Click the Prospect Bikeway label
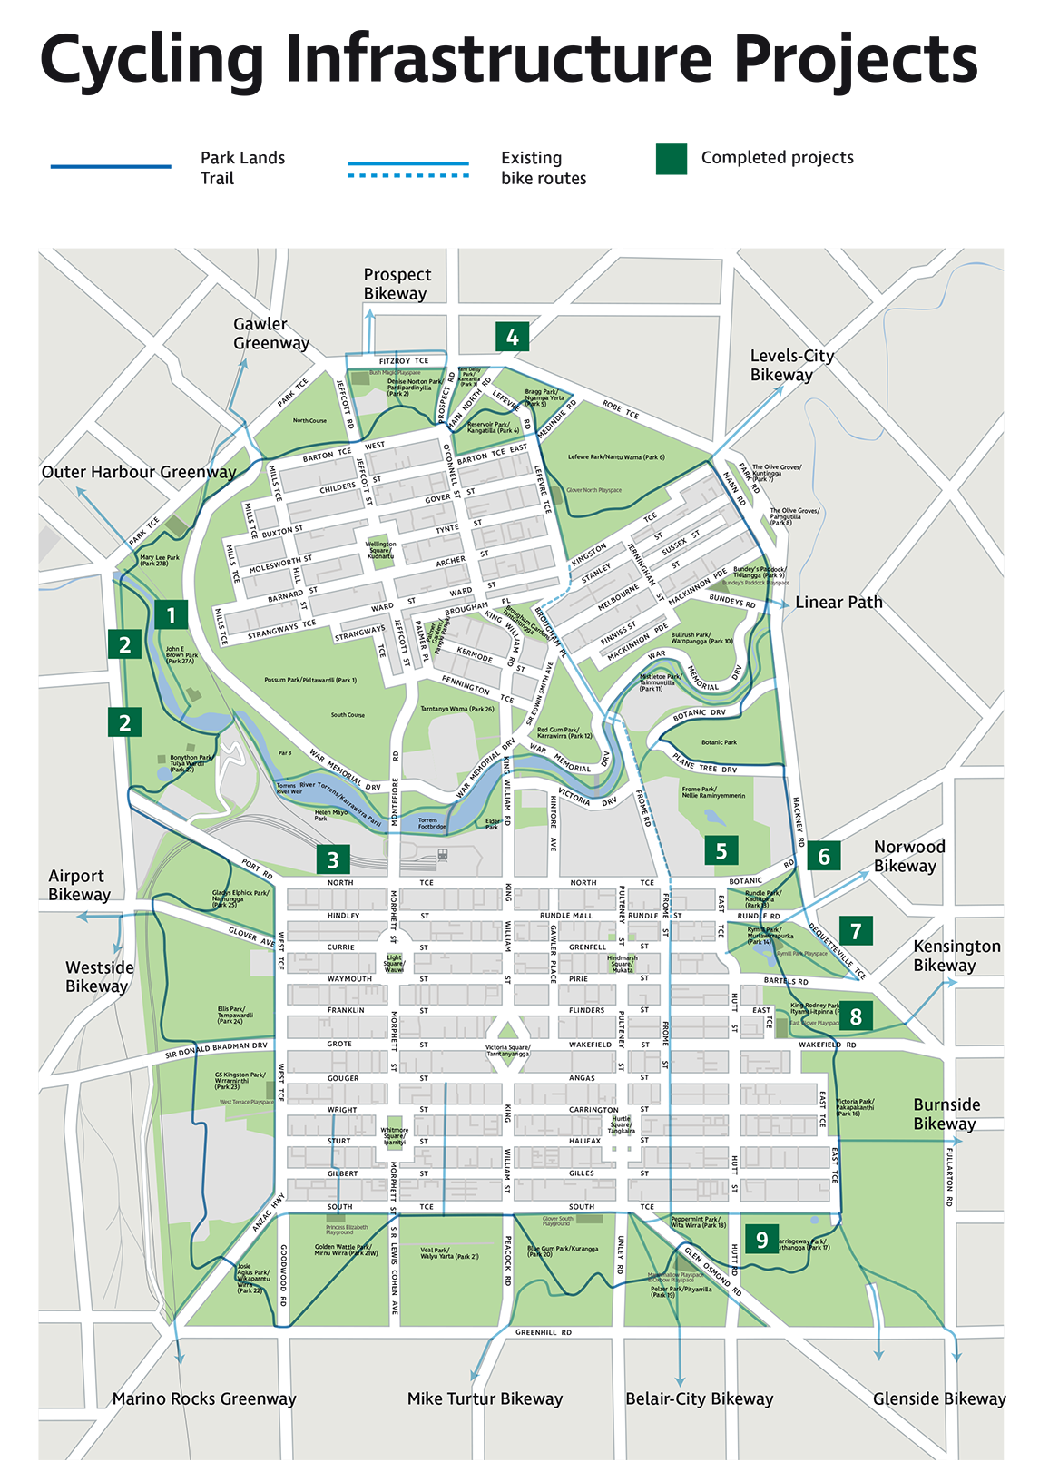[x=397, y=284]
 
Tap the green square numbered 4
[x=513, y=338]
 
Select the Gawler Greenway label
[x=271, y=333]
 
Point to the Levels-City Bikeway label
[x=791, y=365]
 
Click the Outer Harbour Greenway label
[x=139, y=472]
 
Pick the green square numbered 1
[x=171, y=615]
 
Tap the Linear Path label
[x=838, y=602]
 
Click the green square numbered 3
[x=333, y=859]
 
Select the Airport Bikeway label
[x=79, y=885]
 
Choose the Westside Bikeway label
[x=99, y=976]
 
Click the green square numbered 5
[x=721, y=850]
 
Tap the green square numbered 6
[x=824, y=856]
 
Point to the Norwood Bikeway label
[x=908, y=856]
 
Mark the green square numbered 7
[x=856, y=930]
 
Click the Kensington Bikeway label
[x=956, y=955]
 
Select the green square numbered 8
[x=856, y=1016]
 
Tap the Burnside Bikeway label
[x=946, y=1114]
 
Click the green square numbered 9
[x=762, y=1239]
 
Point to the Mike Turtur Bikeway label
[x=485, y=1398]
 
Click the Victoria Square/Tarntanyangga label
[x=507, y=1051]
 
